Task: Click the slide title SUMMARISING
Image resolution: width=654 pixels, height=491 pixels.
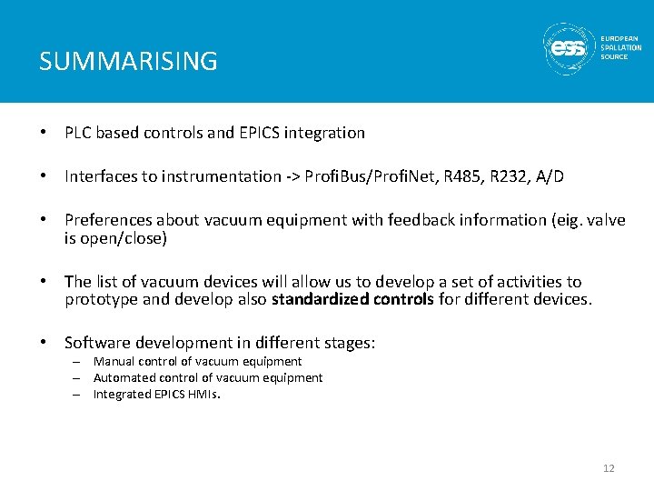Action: (x=128, y=62)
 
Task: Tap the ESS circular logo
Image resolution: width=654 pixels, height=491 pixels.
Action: (x=570, y=48)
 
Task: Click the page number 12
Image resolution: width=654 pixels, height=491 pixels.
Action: (x=609, y=468)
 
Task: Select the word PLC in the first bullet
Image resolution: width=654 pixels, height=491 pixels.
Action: (x=78, y=133)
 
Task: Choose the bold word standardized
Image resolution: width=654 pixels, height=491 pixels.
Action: (x=317, y=299)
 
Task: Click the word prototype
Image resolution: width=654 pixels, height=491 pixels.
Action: (x=100, y=299)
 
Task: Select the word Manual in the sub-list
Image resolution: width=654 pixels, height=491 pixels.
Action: (x=113, y=362)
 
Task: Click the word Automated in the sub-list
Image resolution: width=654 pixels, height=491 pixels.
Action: (x=124, y=378)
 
